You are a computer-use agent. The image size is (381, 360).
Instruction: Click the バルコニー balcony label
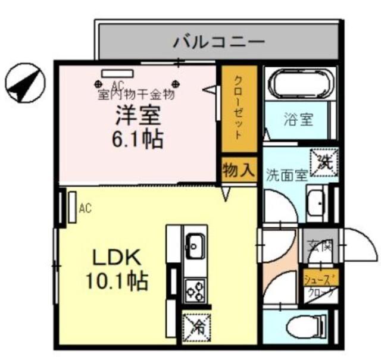coord(218,42)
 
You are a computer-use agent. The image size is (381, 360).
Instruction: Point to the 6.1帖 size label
coord(138,140)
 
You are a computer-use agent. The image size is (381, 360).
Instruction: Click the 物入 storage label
coord(238,171)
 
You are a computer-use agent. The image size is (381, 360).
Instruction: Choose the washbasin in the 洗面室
coord(316,202)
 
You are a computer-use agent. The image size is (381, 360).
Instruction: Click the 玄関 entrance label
coord(319,245)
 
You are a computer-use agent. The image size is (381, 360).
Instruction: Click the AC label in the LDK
coord(85,208)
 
